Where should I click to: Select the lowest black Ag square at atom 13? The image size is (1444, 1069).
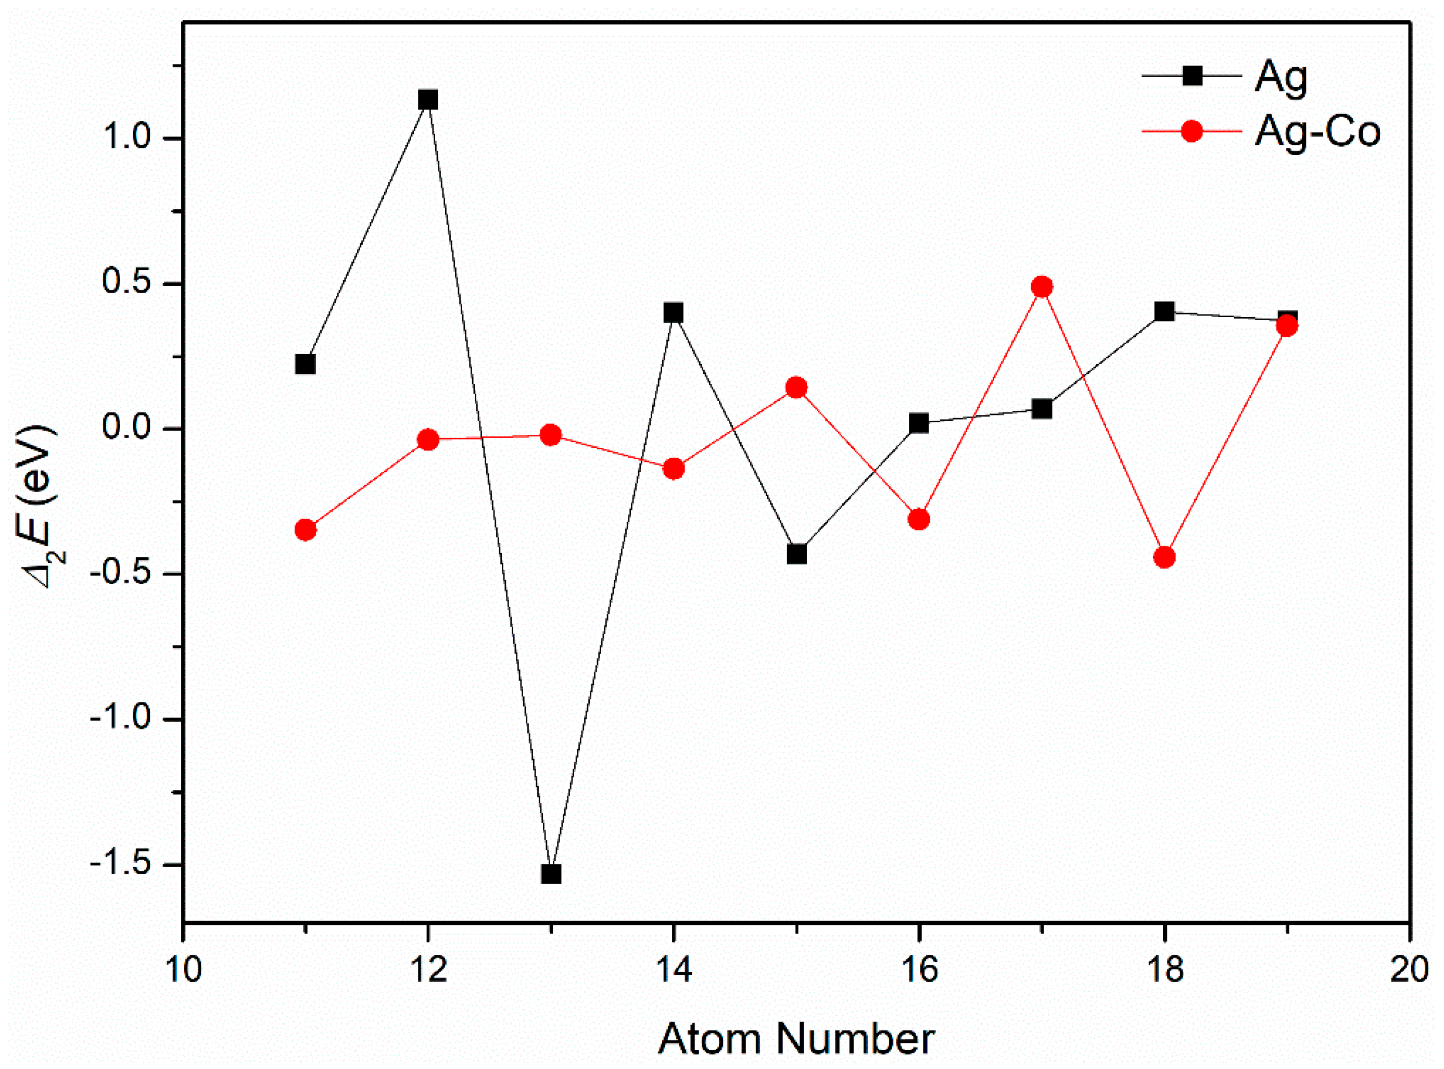click(x=551, y=874)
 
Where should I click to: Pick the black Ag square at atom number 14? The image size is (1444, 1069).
click(x=674, y=313)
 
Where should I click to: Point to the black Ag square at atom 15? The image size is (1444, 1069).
click(x=796, y=555)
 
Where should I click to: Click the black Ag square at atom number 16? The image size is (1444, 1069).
click(x=919, y=423)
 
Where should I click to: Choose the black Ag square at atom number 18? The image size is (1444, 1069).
click(x=1164, y=312)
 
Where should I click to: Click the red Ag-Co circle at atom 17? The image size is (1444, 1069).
click(x=1042, y=287)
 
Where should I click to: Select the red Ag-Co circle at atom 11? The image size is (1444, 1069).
click(x=306, y=530)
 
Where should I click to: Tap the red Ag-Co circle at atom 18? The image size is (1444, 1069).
click(x=1164, y=557)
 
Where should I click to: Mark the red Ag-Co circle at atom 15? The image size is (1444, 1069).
click(x=796, y=387)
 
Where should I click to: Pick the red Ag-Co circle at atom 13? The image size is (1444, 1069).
click(x=551, y=435)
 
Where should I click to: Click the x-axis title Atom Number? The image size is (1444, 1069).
click(x=796, y=1039)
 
